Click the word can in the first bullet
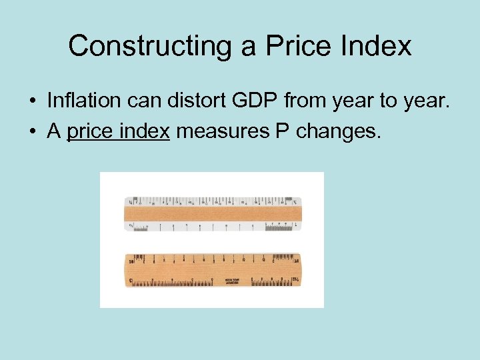click(x=139, y=101)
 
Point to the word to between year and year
click(x=389, y=101)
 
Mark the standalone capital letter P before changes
click(x=282, y=132)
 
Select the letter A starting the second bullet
click(x=54, y=132)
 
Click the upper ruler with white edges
click(x=212, y=213)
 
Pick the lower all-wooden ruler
click(x=212, y=270)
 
